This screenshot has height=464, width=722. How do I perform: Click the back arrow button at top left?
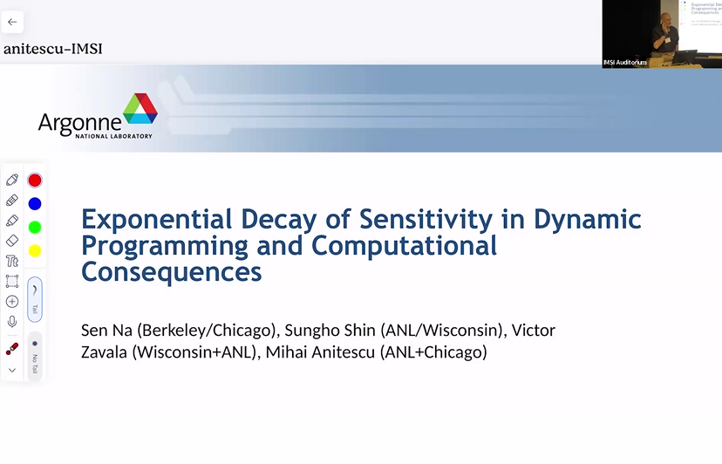tap(12, 22)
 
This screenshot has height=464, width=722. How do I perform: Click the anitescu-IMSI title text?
tap(52, 49)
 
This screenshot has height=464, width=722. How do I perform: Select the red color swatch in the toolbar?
tap(35, 181)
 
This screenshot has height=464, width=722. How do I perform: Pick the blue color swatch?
tap(35, 204)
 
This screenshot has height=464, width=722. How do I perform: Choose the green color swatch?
tap(35, 228)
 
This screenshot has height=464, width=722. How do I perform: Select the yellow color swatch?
tap(35, 251)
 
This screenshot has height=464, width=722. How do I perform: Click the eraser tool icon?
tap(12, 241)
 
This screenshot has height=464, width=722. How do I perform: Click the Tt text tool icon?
tap(12, 261)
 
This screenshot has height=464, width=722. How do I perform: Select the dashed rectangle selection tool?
tap(12, 281)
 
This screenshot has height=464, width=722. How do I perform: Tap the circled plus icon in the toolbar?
tap(12, 302)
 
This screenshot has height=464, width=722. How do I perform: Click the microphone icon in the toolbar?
tap(12, 322)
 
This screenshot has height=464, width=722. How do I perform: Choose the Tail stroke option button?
tap(35, 299)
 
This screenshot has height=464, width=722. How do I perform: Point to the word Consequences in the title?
tap(172, 271)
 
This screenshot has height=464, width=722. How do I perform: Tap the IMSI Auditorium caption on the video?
tap(625, 63)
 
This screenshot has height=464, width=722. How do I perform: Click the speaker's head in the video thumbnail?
tap(666, 19)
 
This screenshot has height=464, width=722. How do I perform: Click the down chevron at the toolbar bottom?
tap(12, 371)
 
